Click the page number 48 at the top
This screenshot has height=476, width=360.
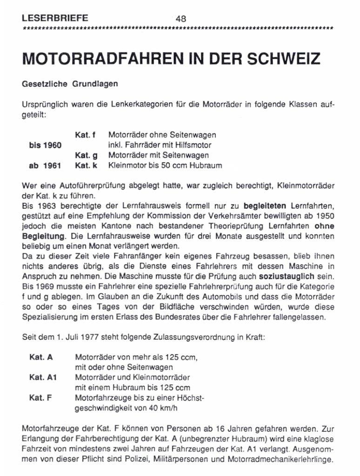[x=181, y=19]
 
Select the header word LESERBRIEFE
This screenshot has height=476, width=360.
[x=55, y=19]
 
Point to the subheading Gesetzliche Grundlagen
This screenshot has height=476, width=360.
[x=70, y=84]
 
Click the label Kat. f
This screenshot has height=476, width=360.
[x=85, y=135]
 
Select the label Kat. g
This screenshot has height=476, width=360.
[x=86, y=155]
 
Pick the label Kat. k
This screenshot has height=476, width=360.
[x=86, y=165]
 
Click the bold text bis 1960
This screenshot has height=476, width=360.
[x=45, y=145]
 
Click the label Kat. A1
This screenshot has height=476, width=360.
[x=43, y=377]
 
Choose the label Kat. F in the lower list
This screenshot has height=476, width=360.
[x=40, y=398]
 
